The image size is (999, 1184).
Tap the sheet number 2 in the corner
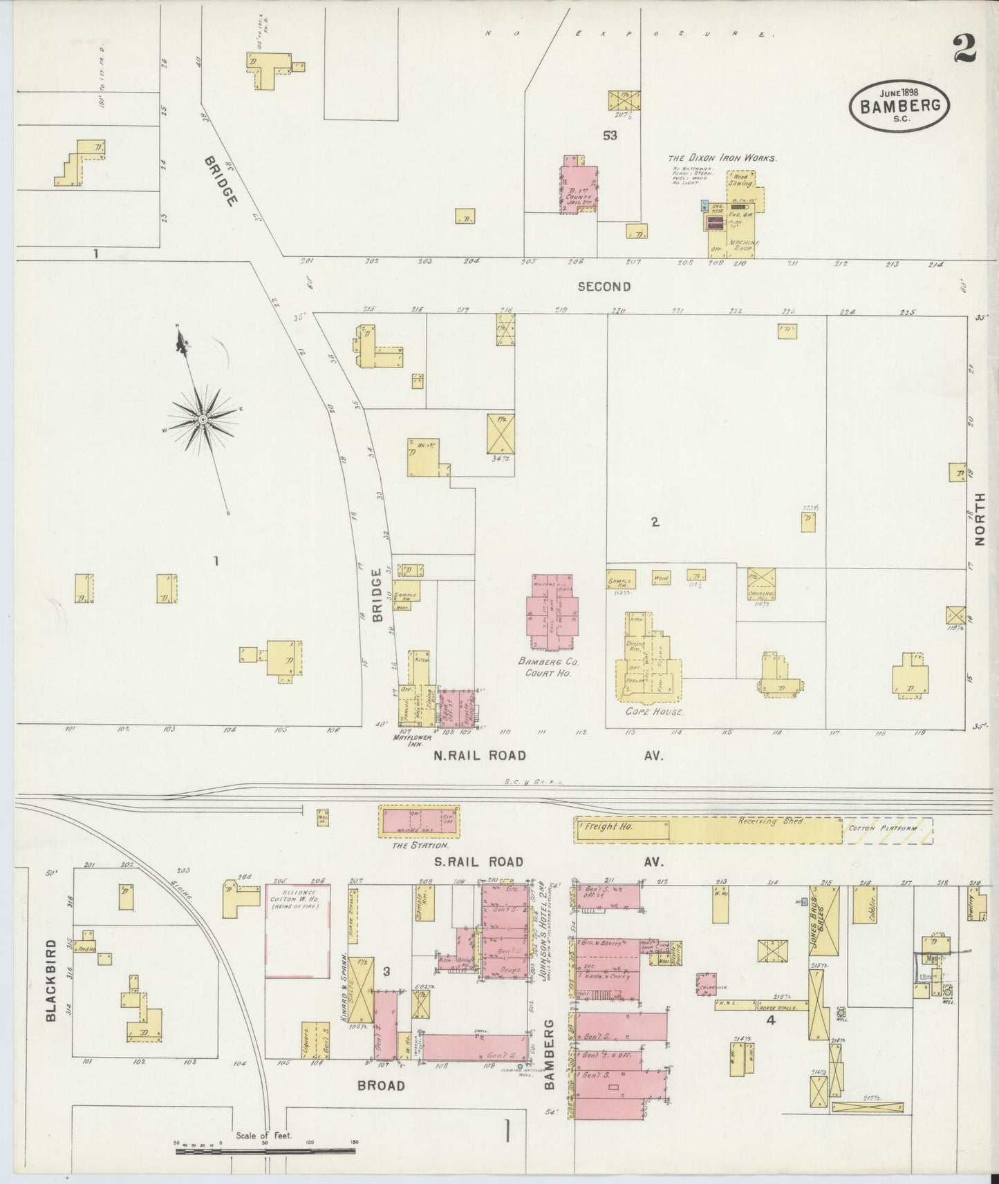964,48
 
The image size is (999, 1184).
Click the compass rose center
203,419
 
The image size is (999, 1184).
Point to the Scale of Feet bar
266,1151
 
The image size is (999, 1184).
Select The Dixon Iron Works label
722,157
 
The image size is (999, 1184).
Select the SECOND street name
604,286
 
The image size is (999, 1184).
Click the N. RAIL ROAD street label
479,756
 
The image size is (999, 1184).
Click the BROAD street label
381,1085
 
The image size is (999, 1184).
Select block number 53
609,135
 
